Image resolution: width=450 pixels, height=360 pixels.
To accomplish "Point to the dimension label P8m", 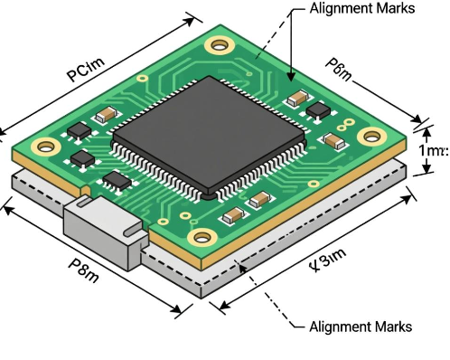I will tap(81, 269).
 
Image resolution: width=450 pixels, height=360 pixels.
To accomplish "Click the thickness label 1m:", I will tap(432, 150).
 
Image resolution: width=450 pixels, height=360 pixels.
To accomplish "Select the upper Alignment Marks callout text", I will tap(361, 9).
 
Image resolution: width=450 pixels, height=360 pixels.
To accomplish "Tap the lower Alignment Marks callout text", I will tap(361, 327).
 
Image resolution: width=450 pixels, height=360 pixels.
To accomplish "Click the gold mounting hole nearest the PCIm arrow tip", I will tap(218, 43).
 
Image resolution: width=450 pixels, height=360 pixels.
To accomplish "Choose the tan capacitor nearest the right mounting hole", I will tap(333, 141).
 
